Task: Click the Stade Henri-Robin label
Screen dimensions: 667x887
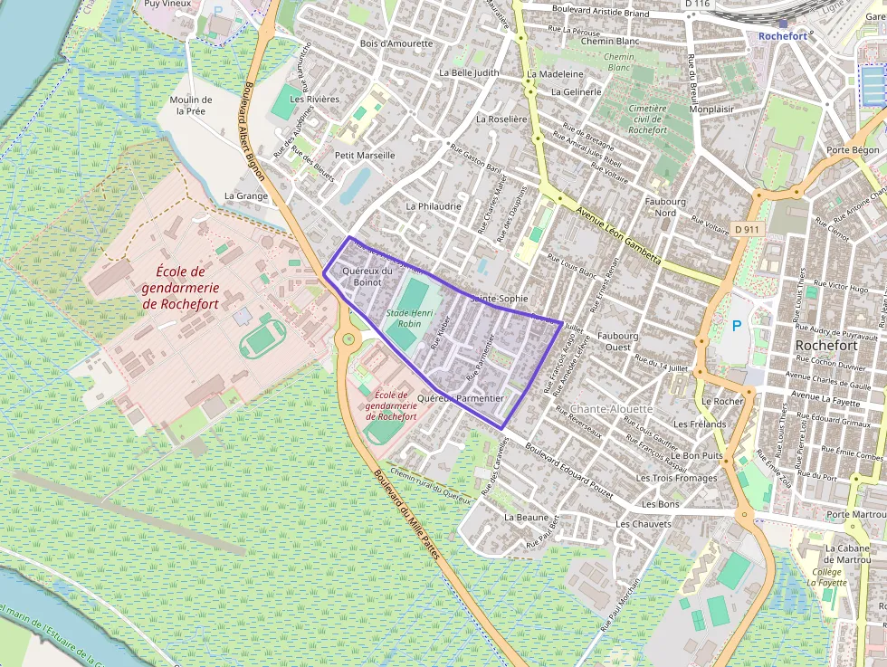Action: pyautogui.click(x=405, y=318)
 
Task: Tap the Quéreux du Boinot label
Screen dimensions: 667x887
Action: pyautogui.click(x=367, y=276)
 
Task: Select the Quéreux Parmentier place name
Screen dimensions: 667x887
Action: pyautogui.click(x=461, y=398)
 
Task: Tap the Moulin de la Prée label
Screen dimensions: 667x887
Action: pyautogui.click(x=191, y=105)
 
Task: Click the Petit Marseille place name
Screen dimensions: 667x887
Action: pyautogui.click(x=365, y=155)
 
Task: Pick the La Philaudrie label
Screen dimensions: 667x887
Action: pyautogui.click(x=434, y=206)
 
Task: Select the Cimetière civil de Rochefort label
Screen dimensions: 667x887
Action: pyautogui.click(x=647, y=119)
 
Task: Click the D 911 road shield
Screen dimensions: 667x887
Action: pyautogui.click(x=747, y=230)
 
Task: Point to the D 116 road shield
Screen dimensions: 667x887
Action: pyautogui.click(x=696, y=5)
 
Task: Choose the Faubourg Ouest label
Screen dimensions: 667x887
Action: pyautogui.click(x=618, y=341)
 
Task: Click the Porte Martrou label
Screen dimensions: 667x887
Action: pyautogui.click(x=854, y=515)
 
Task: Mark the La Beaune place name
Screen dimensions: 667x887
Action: pyautogui.click(x=526, y=517)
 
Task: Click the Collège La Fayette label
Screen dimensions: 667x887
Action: pyautogui.click(x=825, y=577)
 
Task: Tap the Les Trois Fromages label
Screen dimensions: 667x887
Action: pyautogui.click(x=676, y=478)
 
